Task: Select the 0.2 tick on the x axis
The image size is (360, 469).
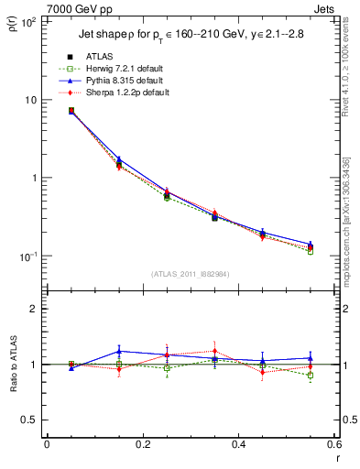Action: pos(142,444)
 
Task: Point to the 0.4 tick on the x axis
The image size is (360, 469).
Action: pos(238,444)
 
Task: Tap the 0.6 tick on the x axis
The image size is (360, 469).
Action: pos(333,444)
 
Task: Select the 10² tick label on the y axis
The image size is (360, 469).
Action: pos(29,20)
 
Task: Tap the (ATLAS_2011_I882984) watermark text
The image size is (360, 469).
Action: pos(190,274)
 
